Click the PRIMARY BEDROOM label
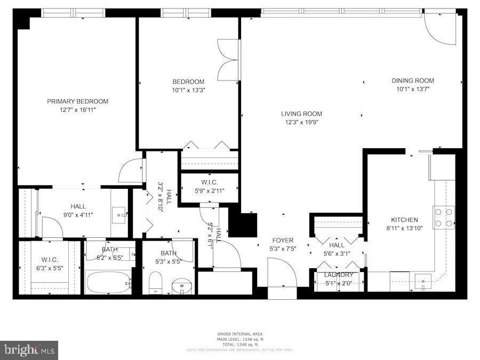(77, 101)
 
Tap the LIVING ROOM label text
(301, 114)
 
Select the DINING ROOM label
(413, 81)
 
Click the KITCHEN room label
(404, 220)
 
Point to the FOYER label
(283, 241)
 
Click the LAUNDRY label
(339, 275)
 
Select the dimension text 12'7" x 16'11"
(77, 110)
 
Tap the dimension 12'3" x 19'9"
(301, 122)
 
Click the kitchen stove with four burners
(443, 217)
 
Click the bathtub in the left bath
(109, 282)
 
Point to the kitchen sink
(423, 279)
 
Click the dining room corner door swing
(440, 29)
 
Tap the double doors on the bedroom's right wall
(229, 60)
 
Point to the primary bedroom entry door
(131, 171)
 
